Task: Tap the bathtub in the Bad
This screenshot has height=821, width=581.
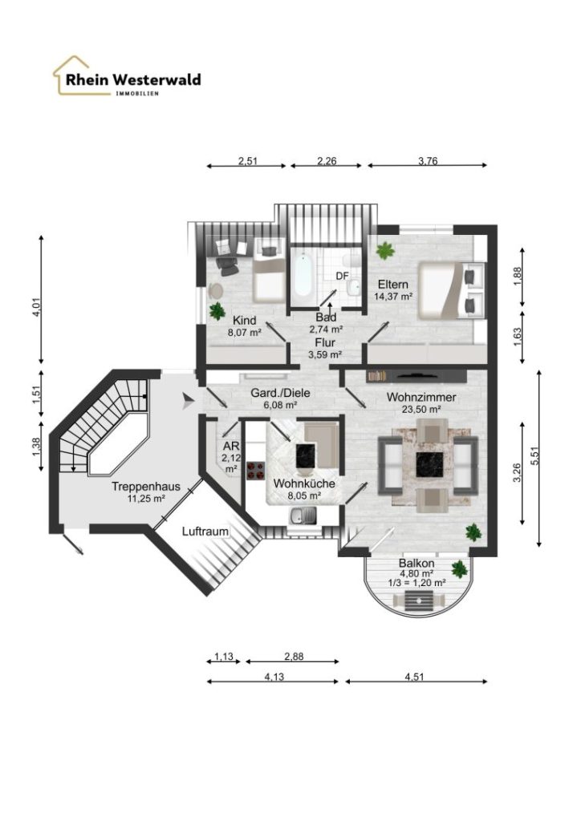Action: point(303,275)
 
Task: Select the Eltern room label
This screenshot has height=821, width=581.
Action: point(393,285)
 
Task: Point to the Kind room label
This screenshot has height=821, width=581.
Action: point(245,321)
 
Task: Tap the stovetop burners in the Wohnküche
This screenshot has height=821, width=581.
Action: point(256,470)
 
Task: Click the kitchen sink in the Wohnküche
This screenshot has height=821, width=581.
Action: point(303,516)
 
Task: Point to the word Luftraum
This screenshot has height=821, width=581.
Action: point(205,532)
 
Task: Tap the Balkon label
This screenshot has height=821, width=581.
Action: point(416,564)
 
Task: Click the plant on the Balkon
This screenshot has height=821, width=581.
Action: point(460,568)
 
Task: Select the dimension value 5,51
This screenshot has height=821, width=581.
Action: point(534,458)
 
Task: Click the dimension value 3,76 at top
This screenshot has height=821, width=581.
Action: point(428,160)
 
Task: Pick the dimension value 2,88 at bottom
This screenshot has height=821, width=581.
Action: point(294,656)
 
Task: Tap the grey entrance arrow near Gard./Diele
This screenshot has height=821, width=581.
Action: point(188,402)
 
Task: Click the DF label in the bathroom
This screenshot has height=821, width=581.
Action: point(342,276)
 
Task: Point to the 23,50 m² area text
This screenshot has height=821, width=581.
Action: point(421,410)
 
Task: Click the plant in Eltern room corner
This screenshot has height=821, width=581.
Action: point(385,250)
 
